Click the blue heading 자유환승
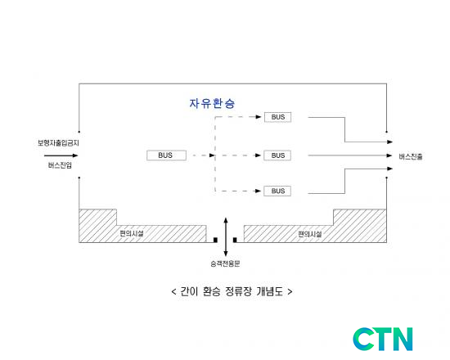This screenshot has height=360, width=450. pos(212,103)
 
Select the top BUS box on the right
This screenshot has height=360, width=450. pos(277,117)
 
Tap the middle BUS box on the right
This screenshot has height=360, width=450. pos(277,155)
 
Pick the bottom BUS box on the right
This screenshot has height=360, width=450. pos(277,191)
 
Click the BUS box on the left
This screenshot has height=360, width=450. pos(166,155)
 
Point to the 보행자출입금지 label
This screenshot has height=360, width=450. pos(58,143)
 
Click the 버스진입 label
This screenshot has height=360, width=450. pos(60,165)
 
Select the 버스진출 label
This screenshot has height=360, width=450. pos(411,157)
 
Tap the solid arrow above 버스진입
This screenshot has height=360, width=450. pos(61,155)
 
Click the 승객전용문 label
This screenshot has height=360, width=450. pos(225,263)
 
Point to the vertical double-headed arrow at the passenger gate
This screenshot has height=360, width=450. pos(226,237)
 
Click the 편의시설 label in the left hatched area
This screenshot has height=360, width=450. pos(132,233)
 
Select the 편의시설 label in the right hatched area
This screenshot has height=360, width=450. pos(310,234)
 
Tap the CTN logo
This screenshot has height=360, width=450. pos(383,339)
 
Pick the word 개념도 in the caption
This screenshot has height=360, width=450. pos(269,291)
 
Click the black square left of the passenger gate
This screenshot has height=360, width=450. pos(215,240)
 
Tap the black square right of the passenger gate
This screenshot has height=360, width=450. pos(235,240)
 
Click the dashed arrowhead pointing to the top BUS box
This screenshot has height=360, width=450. pos(259,117)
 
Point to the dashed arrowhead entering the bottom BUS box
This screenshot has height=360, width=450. pos(258,191)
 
